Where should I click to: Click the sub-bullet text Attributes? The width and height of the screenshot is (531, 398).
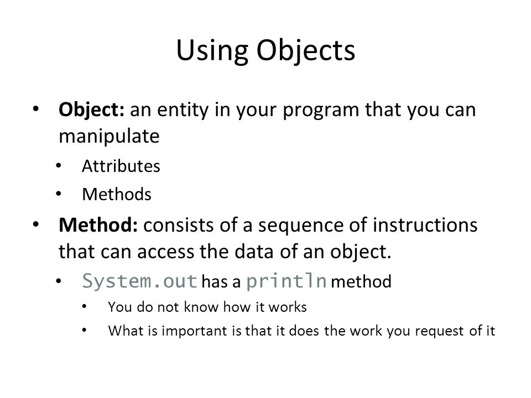(x=121, y=167)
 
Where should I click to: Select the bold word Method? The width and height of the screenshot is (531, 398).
(x=98, y=227)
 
